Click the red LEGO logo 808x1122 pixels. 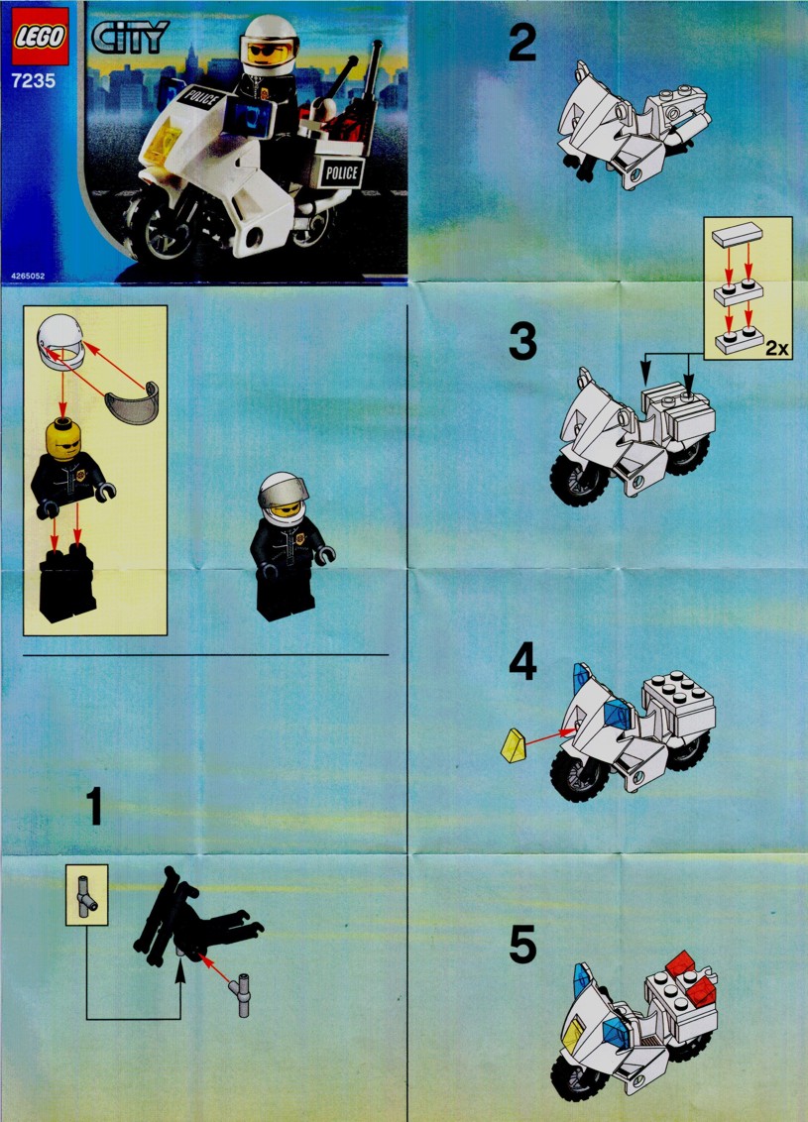pos(40,37)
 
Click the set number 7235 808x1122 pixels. pos(33,80)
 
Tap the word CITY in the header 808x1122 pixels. pos(130,38)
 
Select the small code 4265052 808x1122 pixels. pos(28,276)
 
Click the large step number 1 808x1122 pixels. pos(94,807)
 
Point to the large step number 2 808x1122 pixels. pos(521,43)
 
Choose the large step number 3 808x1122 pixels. pos(522,341)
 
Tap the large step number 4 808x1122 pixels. pos(522,661)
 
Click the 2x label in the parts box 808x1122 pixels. pos(776,349)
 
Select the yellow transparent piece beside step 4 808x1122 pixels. pos(513,745)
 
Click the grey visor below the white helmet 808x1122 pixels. pos(133,403)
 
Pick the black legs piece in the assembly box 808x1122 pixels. pos(67,583)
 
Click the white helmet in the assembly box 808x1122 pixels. pos(60,342)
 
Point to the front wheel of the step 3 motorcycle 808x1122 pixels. pos(577,478)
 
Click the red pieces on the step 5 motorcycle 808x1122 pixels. pos(691,977)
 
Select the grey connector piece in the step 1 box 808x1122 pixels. pos(86,894)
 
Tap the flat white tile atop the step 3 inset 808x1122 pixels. pos(738,234)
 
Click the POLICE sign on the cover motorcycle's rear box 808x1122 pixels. pos(341,172)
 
